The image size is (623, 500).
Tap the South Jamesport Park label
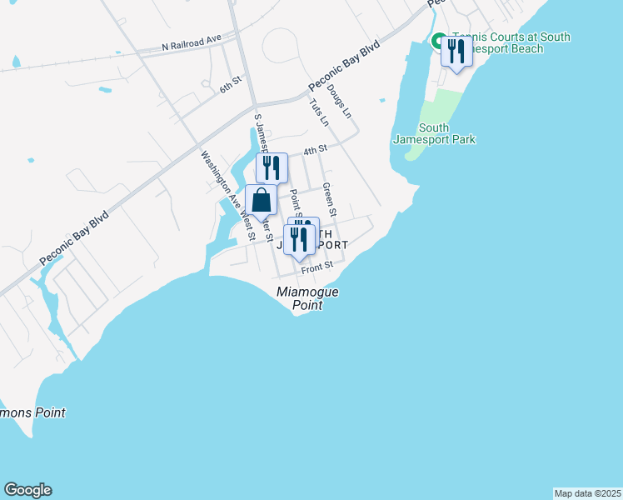click(435, 133)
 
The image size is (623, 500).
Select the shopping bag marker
click(261, 202)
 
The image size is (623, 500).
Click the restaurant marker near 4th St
click(272, 167)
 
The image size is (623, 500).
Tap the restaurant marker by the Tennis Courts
click(456, 52)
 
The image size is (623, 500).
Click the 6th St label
click(230, 87)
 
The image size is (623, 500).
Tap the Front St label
click(317, 267)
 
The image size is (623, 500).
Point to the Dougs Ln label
click(340, 100)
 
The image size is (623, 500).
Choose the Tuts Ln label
click(318, 112)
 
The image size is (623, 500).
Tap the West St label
click(247, 226)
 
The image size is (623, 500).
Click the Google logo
click(27, 490)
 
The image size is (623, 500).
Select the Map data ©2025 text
click(587, 492)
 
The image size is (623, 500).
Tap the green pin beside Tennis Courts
click(438, 39)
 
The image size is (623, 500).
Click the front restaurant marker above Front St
click(298, 240)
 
